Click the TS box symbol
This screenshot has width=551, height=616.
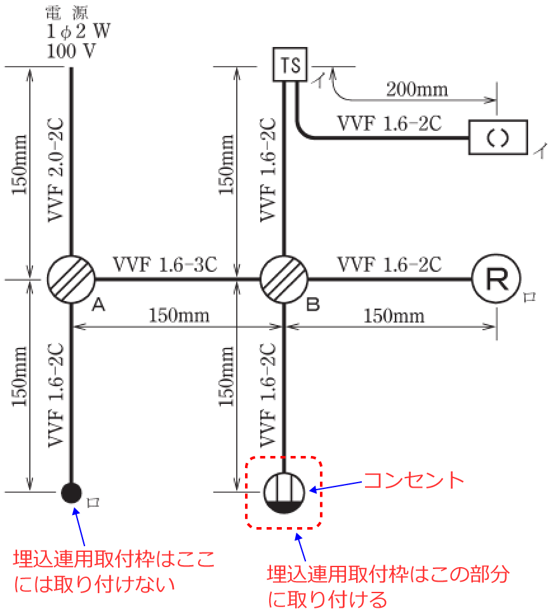click(290, 65)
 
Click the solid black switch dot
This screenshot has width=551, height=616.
click(71, 492)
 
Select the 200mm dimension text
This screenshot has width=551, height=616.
click(416, 89)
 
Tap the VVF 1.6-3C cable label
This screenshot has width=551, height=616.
click(165, 263)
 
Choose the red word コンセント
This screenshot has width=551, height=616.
click(413, 479)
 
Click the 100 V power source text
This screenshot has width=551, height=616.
click(71, 51)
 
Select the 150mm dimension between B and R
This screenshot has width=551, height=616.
click(394, 315)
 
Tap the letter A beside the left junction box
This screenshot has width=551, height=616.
click(98, 305)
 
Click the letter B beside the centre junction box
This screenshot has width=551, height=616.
click(312, 305)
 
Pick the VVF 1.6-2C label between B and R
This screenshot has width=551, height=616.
click(389, 263)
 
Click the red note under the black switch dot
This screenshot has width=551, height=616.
click(114, 571)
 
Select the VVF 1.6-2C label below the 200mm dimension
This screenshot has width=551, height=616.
click(388, 123)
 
